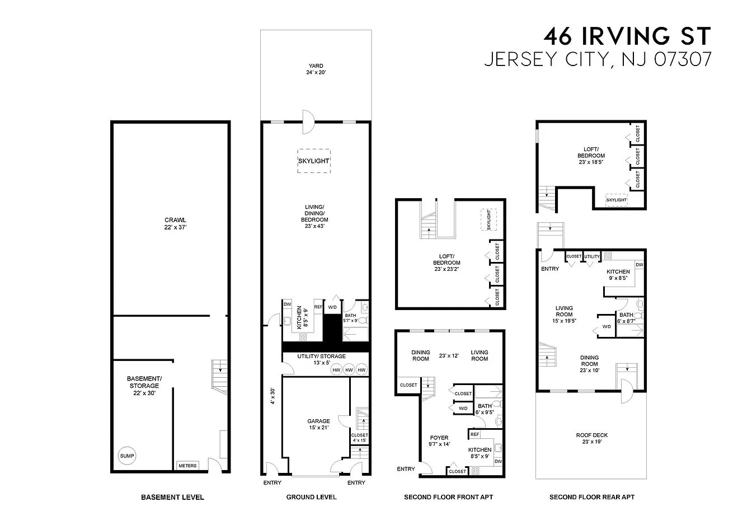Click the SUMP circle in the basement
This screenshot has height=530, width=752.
127,456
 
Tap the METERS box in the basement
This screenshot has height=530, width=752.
187,466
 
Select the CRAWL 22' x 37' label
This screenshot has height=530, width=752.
175,224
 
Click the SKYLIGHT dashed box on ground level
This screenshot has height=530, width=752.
314,161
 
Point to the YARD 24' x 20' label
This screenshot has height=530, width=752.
316,69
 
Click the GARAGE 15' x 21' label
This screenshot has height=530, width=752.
318,424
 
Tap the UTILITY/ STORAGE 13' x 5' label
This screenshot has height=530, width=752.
321,359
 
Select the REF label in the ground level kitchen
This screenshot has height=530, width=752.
318,307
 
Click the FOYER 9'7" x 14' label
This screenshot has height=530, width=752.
439,440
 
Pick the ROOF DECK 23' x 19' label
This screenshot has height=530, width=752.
592,438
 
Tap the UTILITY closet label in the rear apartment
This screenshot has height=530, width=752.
592,256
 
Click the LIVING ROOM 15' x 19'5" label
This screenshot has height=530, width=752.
564,315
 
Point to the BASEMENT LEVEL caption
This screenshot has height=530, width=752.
172,497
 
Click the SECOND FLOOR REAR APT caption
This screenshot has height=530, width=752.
592,497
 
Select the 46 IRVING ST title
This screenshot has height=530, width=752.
627,36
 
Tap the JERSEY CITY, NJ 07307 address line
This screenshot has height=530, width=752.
598,59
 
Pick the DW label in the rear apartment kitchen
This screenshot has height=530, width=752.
639,265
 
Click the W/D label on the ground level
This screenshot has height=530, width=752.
332,307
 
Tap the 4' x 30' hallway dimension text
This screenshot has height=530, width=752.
272,396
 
